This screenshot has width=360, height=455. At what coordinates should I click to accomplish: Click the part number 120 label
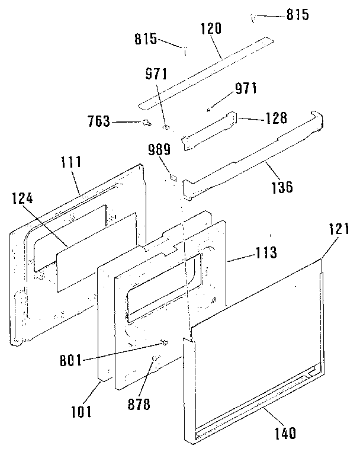coord(211,29)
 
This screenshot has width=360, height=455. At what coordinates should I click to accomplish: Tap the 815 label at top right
coord(298,14)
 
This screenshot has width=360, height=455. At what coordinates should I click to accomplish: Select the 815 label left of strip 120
coord(146,39)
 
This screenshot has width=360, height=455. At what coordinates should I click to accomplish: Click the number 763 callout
coord(99,121)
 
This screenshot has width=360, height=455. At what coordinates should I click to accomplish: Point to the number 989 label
coord(159,149)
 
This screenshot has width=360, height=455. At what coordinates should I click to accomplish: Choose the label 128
coord(277,118)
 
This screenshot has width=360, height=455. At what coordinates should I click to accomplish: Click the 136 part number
coord(282,187)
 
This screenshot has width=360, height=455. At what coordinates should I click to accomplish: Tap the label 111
coord(71,162)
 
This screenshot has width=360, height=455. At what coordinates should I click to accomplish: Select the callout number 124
coord(22,199)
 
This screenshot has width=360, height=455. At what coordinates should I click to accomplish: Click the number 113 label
coord(266,252)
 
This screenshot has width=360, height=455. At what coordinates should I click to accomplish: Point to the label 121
coord(339,229)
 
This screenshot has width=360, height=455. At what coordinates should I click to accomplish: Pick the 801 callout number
coord(71,361)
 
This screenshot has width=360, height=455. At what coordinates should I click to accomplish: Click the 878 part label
coord(139,404)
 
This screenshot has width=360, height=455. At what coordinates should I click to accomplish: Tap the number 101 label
coord(81,412)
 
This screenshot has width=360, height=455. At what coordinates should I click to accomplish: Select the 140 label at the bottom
coord(285,433)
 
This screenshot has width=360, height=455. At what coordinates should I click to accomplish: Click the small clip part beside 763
coord(147,123)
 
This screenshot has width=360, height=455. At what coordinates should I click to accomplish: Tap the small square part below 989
coord(173,177)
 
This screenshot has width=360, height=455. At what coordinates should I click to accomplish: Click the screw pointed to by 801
coord(165,343)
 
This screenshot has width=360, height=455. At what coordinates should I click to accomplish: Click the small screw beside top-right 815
coord(253,19)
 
